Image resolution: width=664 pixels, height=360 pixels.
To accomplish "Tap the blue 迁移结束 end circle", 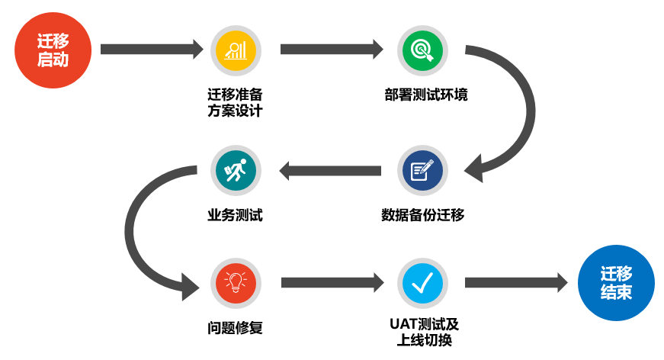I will (616, 283).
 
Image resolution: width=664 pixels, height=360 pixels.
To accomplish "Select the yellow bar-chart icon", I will (236, 50).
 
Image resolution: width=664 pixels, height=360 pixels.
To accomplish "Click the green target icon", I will (422, 50).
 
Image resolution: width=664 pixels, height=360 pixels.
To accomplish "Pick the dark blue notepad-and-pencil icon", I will (422, 170).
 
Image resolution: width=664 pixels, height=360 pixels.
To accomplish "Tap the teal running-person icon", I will (236, 170).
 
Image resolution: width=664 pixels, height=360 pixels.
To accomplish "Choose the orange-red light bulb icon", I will (236, 283).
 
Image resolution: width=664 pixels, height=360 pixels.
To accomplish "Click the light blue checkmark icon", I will (422, 283).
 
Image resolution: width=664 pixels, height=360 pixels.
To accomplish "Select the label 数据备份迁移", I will (422, 215).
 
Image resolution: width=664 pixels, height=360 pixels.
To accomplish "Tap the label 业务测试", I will (235, 215).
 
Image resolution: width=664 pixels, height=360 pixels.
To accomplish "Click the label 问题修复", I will (235, 329).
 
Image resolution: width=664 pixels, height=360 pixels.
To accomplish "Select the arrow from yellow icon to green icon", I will (332, 50).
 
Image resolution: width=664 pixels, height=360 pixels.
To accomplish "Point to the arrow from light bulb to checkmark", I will (332, 283).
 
